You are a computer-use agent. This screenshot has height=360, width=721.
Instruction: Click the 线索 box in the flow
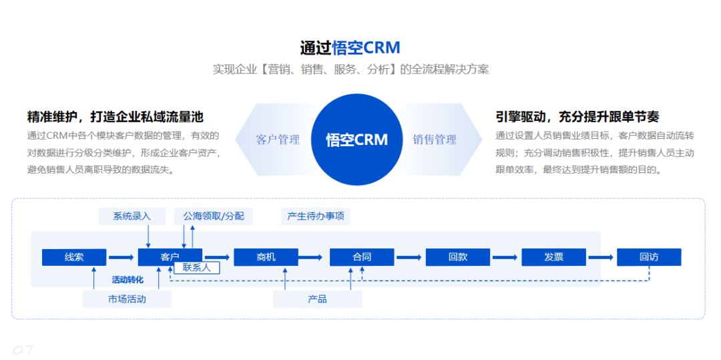coord(74,257)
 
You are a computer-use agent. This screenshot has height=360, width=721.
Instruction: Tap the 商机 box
coord(266,257)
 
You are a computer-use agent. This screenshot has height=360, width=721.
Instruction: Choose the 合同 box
coord(362,257)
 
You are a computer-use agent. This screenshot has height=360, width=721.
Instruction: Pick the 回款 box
coord(458,257)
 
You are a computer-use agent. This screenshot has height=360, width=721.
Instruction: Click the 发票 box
coord(553,257)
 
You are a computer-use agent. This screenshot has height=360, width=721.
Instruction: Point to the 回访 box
coord(649,257)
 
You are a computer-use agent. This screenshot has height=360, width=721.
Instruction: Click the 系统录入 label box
coord(132,216)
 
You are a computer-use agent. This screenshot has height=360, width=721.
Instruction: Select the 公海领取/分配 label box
coord(214,216)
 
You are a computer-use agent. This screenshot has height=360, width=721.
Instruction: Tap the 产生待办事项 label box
coord(316,216)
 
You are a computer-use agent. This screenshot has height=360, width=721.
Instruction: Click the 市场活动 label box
coord(127,299)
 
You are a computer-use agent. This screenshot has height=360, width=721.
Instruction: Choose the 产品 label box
coord(317,299)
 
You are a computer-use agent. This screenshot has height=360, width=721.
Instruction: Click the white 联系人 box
coord(197,268)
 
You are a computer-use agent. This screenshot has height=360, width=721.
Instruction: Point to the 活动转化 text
coord(127,280)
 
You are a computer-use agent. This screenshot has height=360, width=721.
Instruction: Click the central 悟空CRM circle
coord(357,140)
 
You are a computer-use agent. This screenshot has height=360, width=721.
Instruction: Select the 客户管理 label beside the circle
coord(278,140)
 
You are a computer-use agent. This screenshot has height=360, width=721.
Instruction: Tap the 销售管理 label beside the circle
coord(435,140)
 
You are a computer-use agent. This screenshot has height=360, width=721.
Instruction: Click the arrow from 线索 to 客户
coord(122,257)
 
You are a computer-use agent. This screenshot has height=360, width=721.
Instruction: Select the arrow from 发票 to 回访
coord(601,257)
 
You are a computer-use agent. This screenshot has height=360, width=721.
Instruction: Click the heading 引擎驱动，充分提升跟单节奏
coord(577,117)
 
